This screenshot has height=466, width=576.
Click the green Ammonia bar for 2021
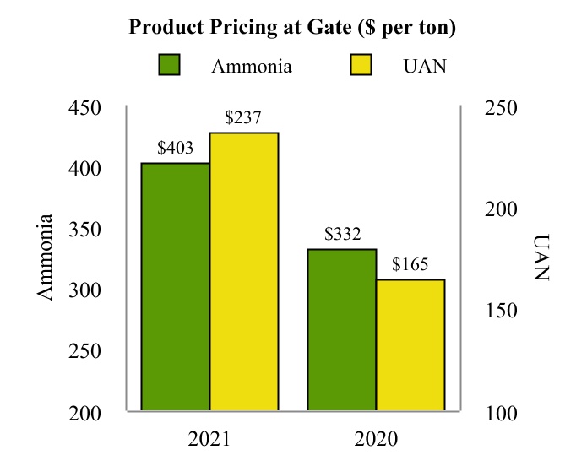pyautogui.click(x=175, y=287)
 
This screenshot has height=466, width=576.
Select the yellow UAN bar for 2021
pyautogui.click(x=244, y=272)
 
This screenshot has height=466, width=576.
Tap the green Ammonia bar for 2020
pyautogui.click(x=341, y=330)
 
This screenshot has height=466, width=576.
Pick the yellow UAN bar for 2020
pyautogui.click(x=410, y=345)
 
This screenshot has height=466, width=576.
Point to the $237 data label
pyautogui.click(x=243, y=118)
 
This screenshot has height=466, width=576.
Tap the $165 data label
pyautogui.click(x=410, y=265)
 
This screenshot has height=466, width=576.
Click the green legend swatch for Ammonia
pyautogui.click(x=171, y=66)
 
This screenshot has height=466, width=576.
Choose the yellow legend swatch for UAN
pyautogui.click(x=361, y=66)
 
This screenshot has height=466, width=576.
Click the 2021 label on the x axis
pyautogui.click(x=209, y=439)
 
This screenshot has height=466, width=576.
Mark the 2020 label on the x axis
pyautogui.click(x=376, y=439)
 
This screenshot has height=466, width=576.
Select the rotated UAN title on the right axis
pyautogui.click(x=541, y=257)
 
